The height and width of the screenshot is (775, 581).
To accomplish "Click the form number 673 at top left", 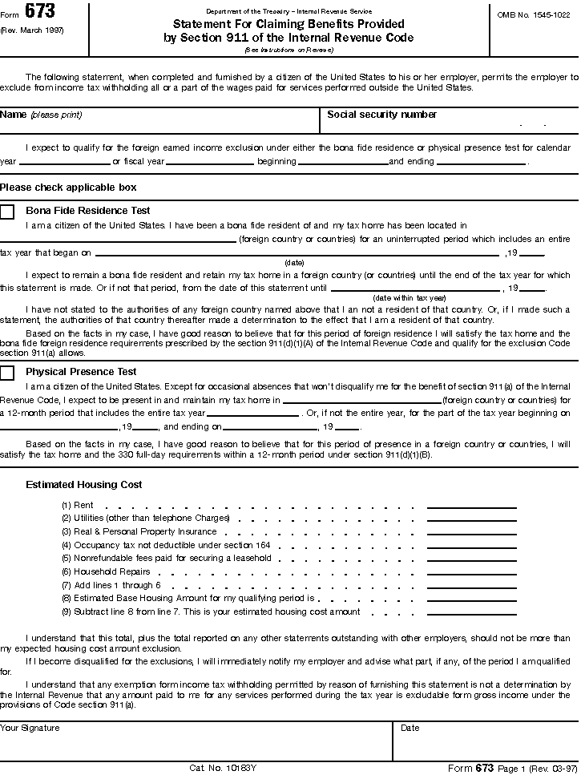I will coord(39,11).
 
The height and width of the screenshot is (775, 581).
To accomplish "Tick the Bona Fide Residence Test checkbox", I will coord(7,212).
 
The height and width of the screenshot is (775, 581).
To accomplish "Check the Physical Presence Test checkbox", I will coord(7,373).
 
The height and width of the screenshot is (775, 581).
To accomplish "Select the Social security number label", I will coord(381,115).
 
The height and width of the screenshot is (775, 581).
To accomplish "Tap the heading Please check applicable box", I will coord(68,188).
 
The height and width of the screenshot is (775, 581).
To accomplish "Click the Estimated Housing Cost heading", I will coord(84,485).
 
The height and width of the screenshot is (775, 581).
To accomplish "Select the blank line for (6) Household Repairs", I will coord(471,573).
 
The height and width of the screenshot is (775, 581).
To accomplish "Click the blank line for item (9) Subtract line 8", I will coord(471,613).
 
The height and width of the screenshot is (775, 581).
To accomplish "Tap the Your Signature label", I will coord(30,729).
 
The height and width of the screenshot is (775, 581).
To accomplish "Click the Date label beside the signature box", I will coord(410,729).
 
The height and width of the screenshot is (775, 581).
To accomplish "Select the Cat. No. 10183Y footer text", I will coord(224,768).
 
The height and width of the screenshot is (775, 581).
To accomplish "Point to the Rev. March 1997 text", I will coord(32,30).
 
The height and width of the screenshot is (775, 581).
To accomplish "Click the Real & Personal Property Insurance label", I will coord(145,532).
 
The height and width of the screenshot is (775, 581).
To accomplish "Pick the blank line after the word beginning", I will coord(343,163).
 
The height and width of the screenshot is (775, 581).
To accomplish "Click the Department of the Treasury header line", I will coord(288,10).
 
